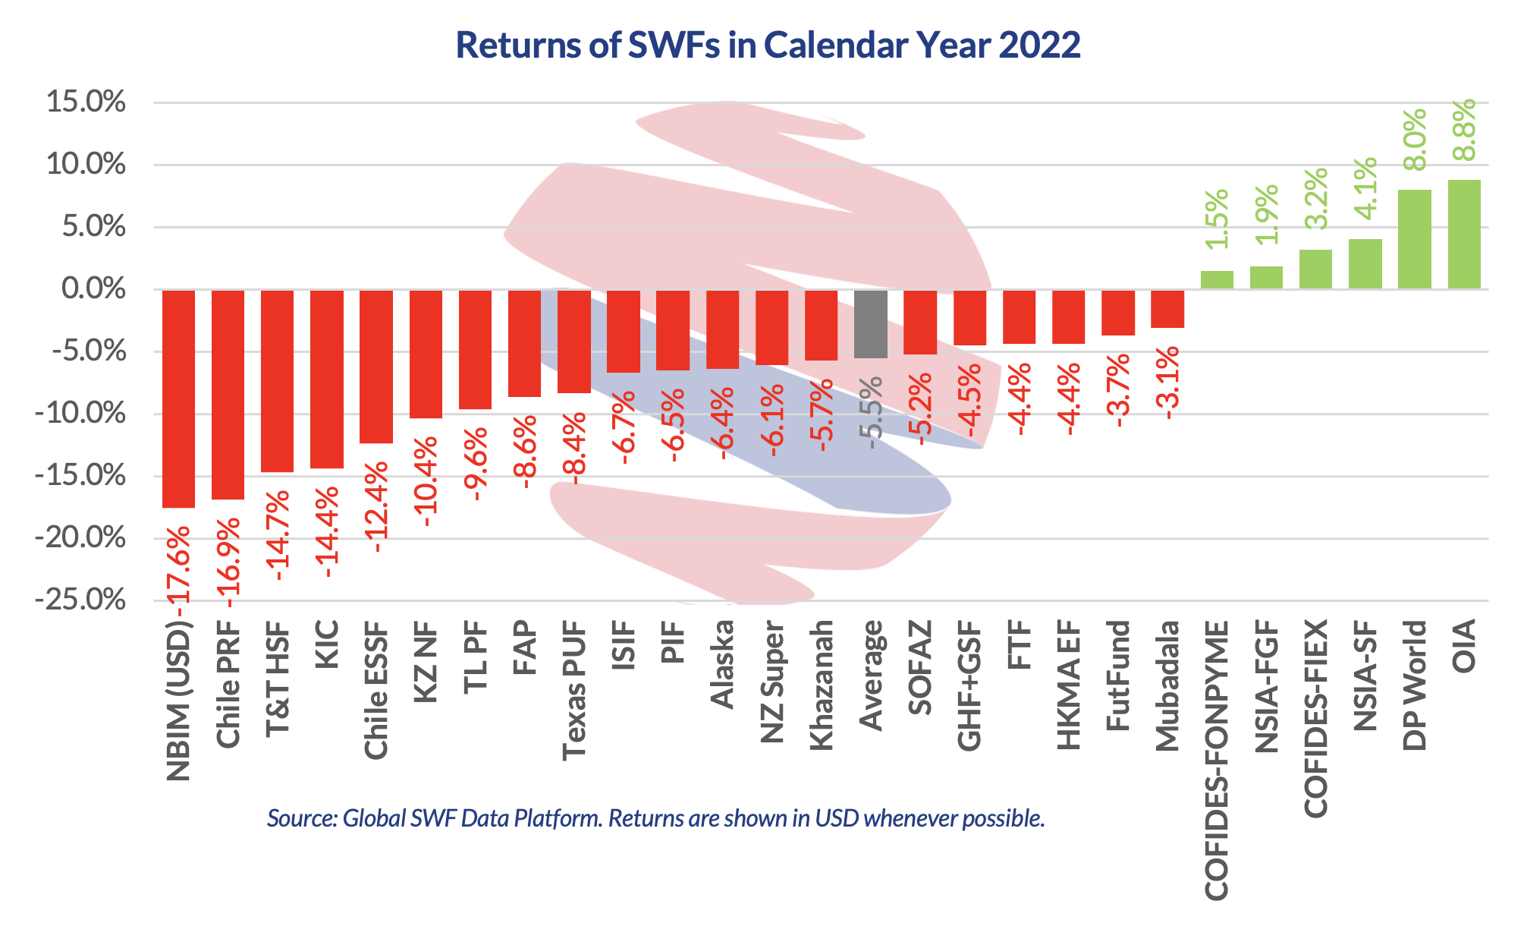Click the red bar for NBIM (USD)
(179, 398)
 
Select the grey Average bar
(871, 324)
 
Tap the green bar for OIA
(1464, 235)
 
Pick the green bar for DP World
(1415, 239)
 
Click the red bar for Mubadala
(1167, 309)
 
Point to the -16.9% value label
(228, 563)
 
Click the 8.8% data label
(1464, 130)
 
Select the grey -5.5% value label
(871, 412)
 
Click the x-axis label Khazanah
(822, 685)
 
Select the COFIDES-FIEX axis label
(1316, 718)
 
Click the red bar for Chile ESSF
(376, 367)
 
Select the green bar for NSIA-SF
(1365, 264)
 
